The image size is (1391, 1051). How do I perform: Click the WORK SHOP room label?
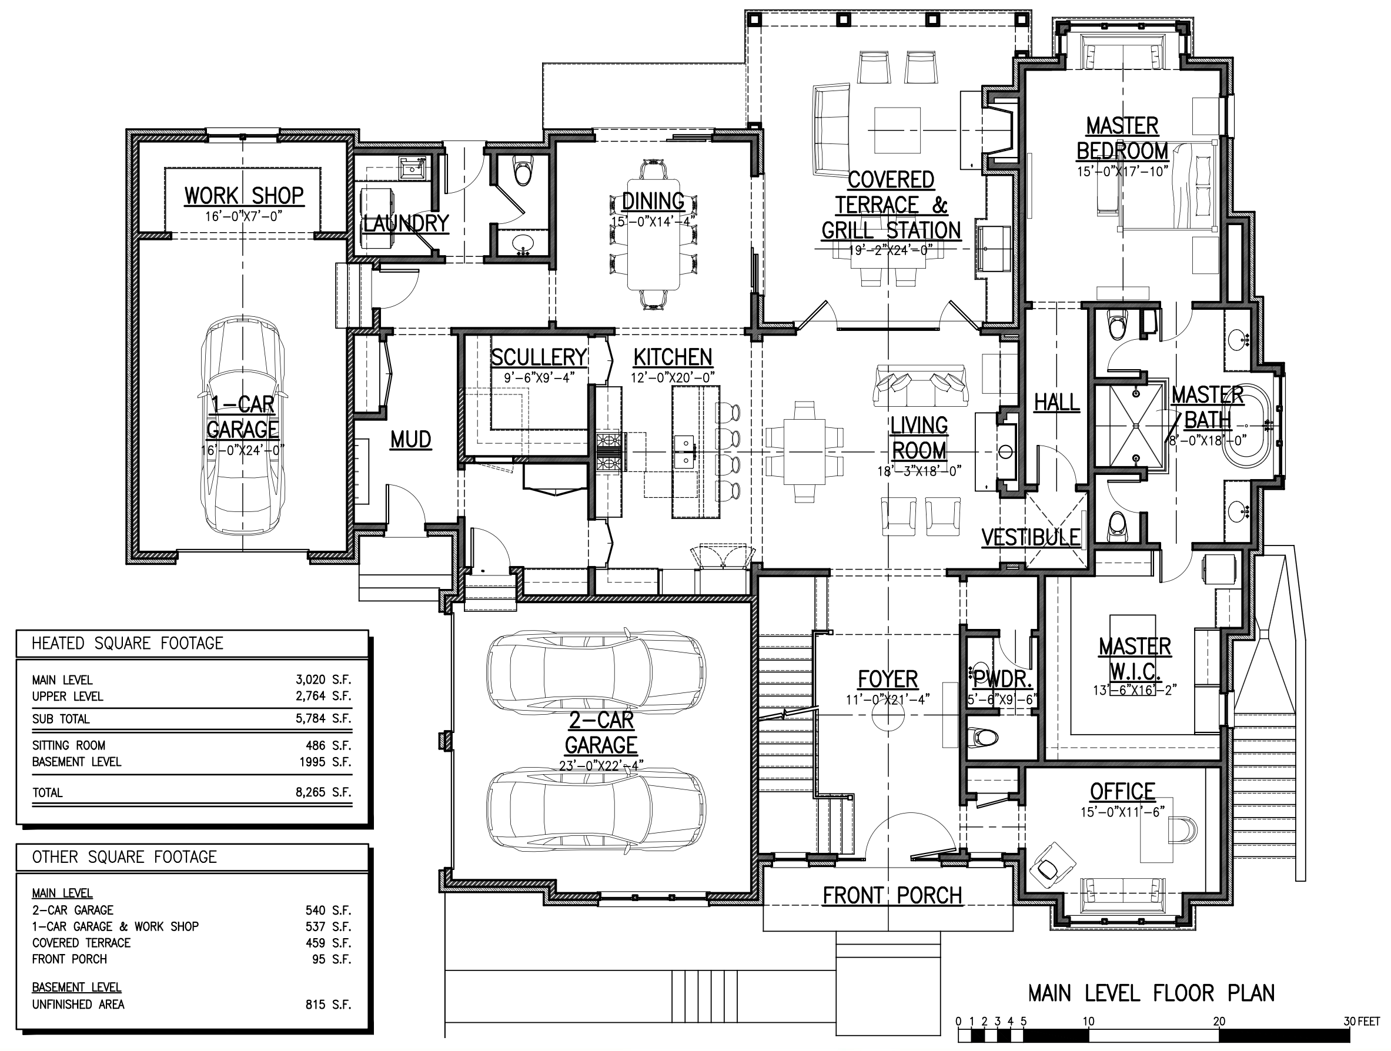(244, 196)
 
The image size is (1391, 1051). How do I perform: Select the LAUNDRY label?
(406, 223)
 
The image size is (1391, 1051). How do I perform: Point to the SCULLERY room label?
(539, 357)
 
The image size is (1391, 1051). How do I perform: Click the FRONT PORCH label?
(892, 896)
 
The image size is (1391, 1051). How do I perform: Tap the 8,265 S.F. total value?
(323, 792)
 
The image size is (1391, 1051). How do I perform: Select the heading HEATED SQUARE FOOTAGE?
(128, 643)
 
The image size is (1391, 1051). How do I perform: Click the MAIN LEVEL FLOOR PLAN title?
(1151, 993)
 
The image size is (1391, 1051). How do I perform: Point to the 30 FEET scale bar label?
(1361, 1022)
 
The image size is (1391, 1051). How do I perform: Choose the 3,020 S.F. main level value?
(323, 680)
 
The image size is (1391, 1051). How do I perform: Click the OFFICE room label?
(1122, 791)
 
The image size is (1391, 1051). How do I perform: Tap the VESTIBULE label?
(1031, 537)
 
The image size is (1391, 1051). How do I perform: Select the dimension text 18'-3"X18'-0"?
(919, 471)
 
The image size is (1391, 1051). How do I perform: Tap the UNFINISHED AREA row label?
(79, 1005)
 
